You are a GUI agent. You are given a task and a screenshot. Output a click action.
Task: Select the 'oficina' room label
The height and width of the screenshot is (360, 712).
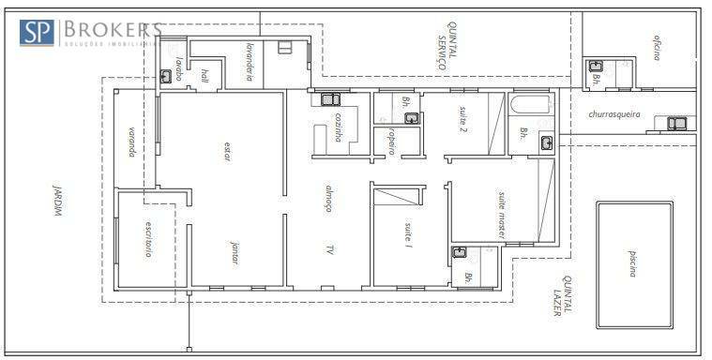[x=657, y=49]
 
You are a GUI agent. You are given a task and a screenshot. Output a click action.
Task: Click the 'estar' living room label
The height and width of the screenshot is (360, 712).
[x=226, y=152]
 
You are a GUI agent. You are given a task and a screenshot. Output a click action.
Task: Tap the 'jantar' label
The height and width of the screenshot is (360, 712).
[x=234, y=255]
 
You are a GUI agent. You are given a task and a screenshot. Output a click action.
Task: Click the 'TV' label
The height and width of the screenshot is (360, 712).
[x=329, y=249]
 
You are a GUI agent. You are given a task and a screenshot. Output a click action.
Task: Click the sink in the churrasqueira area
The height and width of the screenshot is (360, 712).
[x=675, y=123]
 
